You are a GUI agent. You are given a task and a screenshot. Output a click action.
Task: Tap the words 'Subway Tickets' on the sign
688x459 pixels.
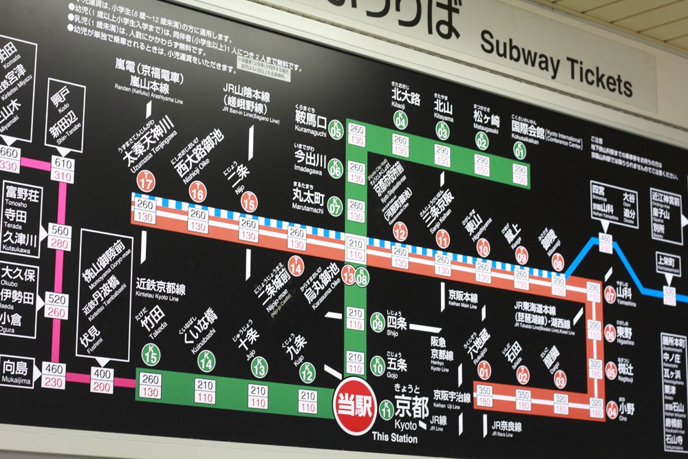556,65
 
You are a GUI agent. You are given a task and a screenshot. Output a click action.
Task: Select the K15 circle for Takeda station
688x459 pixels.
151,354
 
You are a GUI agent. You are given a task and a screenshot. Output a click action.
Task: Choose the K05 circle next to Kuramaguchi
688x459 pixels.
335,129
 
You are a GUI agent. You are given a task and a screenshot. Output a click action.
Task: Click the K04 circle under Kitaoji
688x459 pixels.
400,120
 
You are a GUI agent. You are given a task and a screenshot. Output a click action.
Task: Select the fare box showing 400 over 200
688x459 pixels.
102,380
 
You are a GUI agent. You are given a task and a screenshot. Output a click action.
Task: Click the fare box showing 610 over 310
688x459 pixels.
63,169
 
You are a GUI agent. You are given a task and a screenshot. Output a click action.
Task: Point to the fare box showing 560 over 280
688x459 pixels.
59,237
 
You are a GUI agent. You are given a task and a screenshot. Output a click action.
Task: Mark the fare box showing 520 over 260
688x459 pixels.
56,306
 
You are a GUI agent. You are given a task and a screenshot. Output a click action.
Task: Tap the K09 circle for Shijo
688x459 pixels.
377,321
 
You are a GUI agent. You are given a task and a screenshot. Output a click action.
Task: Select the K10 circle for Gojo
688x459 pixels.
377,365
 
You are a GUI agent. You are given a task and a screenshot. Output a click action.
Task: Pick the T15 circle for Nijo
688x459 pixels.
249,202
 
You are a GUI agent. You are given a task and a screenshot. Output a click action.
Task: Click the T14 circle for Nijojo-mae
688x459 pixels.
296,265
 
